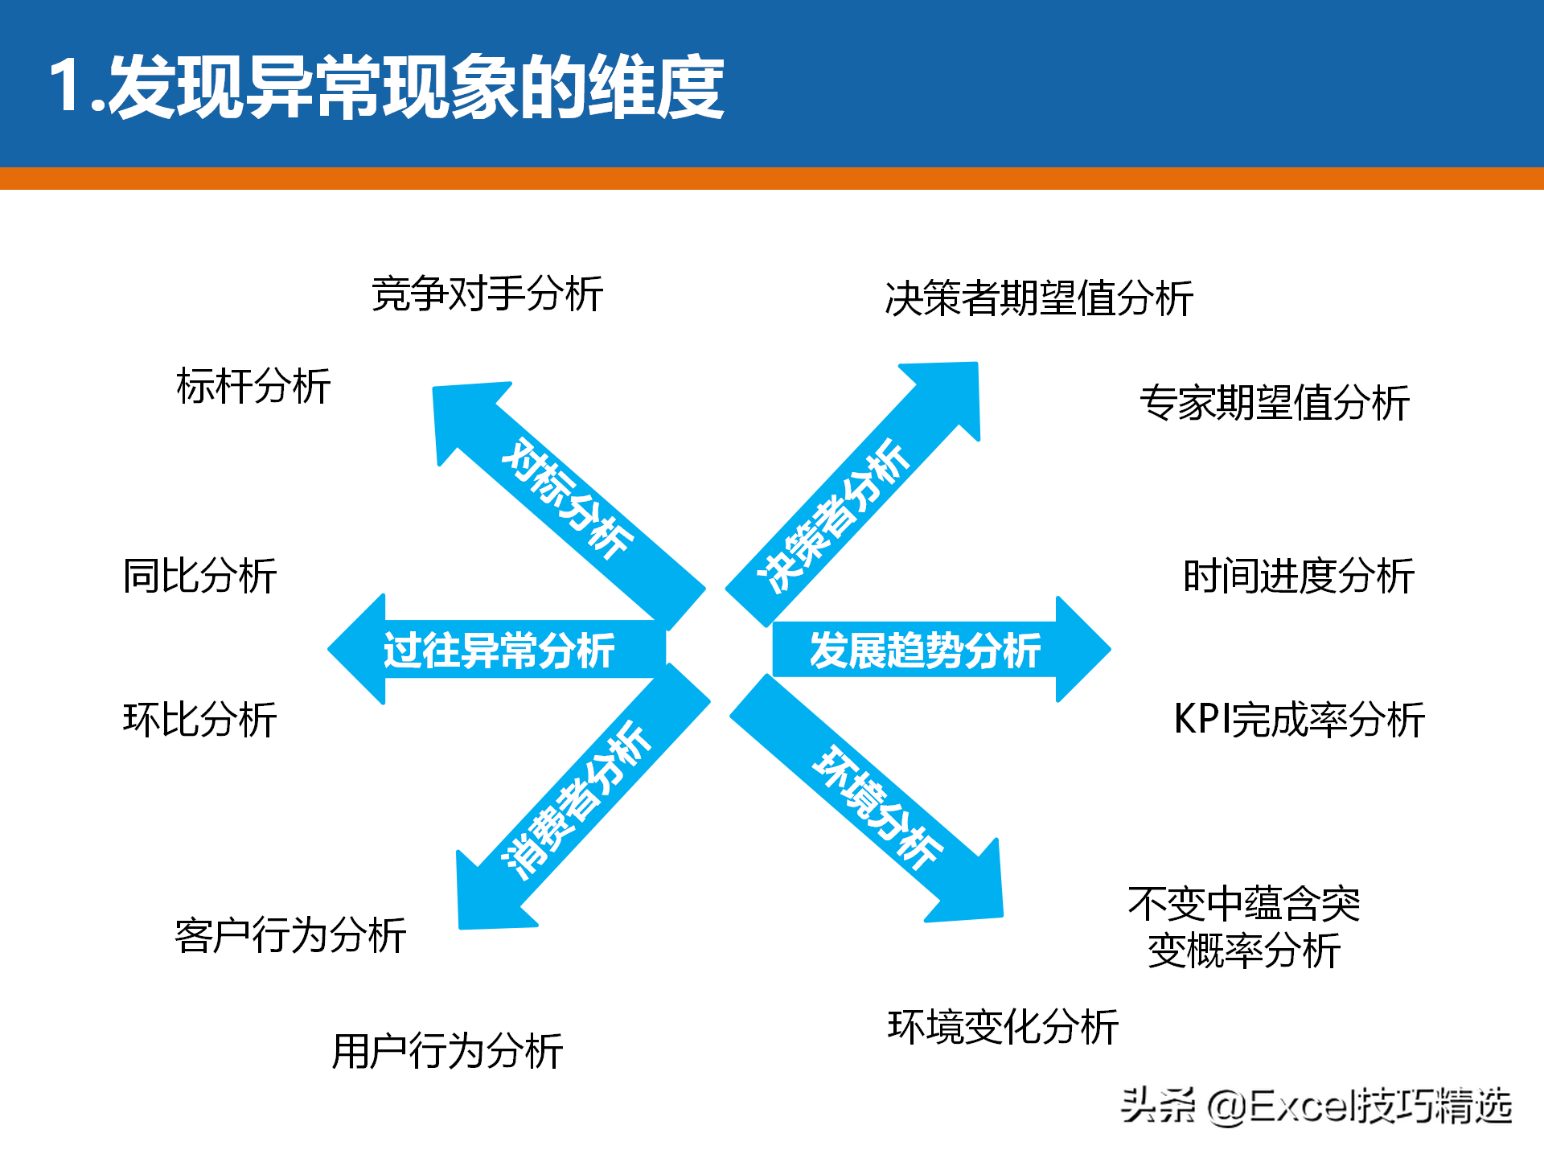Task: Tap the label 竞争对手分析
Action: (x=487, y=294)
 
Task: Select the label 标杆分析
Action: (x=253, y=386)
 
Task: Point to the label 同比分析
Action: (x=200, y=576)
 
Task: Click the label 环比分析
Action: (x=200, y=719)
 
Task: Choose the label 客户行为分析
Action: (x=290, y=935)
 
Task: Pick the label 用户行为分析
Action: (x=447, y=1051)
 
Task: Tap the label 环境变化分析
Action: (x=1003, y=1027)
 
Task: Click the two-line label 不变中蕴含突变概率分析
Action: (x=1244, y=927)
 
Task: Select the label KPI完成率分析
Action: (x=1300, y=719)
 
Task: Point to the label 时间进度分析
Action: (x=1299, y=576)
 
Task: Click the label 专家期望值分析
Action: (x=1275, y=403)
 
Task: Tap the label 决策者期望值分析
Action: (x=1039, y=298)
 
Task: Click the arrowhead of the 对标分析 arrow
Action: (x=462, y=414)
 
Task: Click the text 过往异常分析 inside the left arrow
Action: (x=499, y=650)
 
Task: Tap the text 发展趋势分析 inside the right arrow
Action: (x=925, y=650)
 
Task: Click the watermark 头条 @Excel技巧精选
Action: (x=1316, y=1106)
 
